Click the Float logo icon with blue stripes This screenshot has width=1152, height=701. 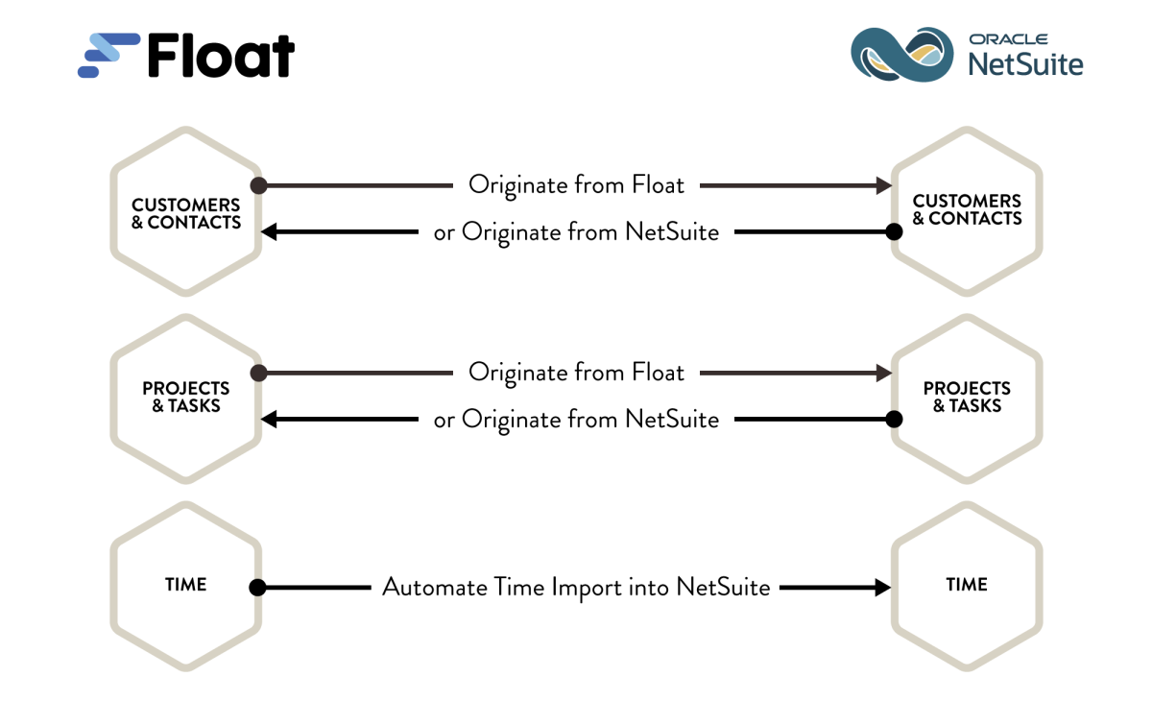[108, 56]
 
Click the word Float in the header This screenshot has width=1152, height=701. [221, 56]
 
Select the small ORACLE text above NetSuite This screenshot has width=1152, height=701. [1008, 39]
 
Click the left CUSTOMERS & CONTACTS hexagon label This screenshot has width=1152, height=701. [186, 213]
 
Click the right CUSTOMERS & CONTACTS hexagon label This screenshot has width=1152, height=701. [967, 209]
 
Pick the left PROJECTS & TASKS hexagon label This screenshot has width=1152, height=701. [186, 397]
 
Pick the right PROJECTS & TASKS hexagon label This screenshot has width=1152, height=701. [967, 397]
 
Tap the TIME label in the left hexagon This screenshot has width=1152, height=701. [186, 585]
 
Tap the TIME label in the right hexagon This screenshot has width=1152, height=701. [967, 585]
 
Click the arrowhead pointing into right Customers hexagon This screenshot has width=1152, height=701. [882, 184]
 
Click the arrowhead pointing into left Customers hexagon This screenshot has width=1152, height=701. [272, 231]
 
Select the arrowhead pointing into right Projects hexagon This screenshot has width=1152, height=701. [882, 373]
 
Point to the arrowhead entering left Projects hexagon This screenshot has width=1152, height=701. [272, 419]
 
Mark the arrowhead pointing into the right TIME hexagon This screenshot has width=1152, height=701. [882, 587]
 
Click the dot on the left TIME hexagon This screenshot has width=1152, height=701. [257, 587]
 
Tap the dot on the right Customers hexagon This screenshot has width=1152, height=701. [894, 231]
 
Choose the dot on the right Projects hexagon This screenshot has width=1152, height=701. [894, 419]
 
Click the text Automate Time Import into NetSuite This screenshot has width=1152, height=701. [576, 587]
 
